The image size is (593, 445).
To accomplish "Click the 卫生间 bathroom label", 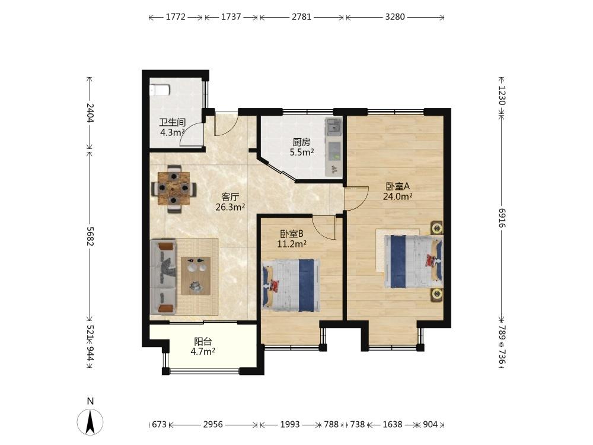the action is tap(172, 123).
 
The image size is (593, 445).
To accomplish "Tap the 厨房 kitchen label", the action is tap(301, 142).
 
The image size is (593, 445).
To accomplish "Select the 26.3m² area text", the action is tap(230, 207).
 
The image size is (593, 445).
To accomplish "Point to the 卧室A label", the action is tap(397, 186).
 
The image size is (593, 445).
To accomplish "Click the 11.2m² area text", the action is tap(292, 244).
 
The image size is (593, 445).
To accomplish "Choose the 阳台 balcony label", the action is tap(203, 342).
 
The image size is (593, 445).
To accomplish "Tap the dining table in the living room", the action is tap(174, 188).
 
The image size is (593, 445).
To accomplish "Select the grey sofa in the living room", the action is tap(163, 276).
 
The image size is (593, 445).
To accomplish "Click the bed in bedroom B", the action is tap(291, 285).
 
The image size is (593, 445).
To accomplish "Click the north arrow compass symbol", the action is tap(90, 421).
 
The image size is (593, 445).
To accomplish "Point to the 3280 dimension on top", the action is tap(395, 17).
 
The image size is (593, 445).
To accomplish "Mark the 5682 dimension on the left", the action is tap(90, 236).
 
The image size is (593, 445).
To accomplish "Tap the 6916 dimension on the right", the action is tap(502, 217).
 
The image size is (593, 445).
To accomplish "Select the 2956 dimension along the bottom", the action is tap(213, 425).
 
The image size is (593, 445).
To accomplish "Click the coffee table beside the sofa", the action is tap(196, 276).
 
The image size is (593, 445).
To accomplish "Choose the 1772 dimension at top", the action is tap(176, 17).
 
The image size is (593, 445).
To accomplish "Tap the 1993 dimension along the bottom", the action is tap(290, 425).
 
